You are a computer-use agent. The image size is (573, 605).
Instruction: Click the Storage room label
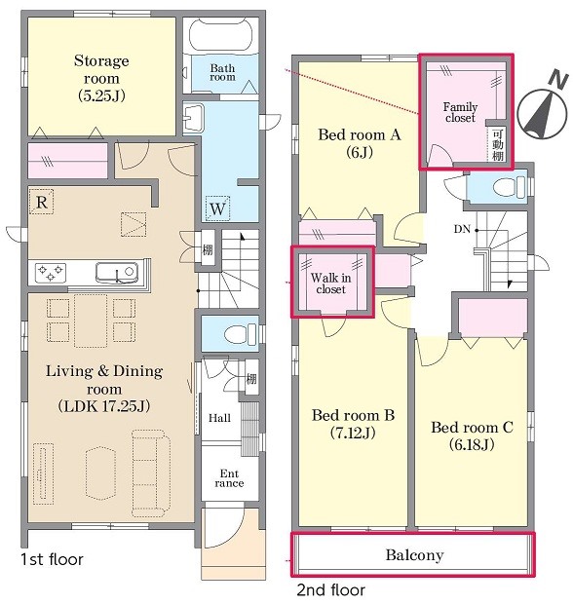click(x=101, y=78)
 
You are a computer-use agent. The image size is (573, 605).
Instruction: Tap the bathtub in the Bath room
click(x=220, y=34)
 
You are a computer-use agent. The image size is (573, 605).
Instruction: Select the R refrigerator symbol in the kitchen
click(x=41, y=202)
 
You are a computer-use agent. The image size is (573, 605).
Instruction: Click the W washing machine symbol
click(x=217, y=208)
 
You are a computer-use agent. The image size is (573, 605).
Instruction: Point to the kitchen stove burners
click(x=50, y=273)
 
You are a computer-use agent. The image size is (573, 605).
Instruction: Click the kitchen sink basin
click(x=117, y=273)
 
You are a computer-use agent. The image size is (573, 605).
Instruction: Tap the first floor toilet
click(x=240, y=334)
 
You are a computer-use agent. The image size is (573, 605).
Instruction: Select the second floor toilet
click(x=509, y=187)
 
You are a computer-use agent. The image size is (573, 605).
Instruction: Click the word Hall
click(x=219, y=418)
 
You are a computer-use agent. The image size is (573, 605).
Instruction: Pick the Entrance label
click(x=229, y=478)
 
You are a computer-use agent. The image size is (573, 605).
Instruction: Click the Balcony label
click(x=414, y=555)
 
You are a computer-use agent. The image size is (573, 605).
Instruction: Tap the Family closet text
click(x=460, y=112)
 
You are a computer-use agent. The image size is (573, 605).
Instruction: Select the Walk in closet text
click(x=330, y=284)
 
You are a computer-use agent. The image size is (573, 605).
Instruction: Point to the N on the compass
click(x=558, y=79)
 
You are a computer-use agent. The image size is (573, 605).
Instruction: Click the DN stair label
click(x=462, y=229)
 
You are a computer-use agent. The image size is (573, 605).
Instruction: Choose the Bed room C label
click(x=472, y=436)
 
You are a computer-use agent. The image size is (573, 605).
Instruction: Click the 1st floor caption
click(x=52, y=559)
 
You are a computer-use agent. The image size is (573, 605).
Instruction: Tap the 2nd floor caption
click(x=330, y=590)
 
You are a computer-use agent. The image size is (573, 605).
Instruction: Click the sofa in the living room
click(x=150, y=473)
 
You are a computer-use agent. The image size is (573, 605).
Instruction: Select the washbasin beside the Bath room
click(x=194, y=117)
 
